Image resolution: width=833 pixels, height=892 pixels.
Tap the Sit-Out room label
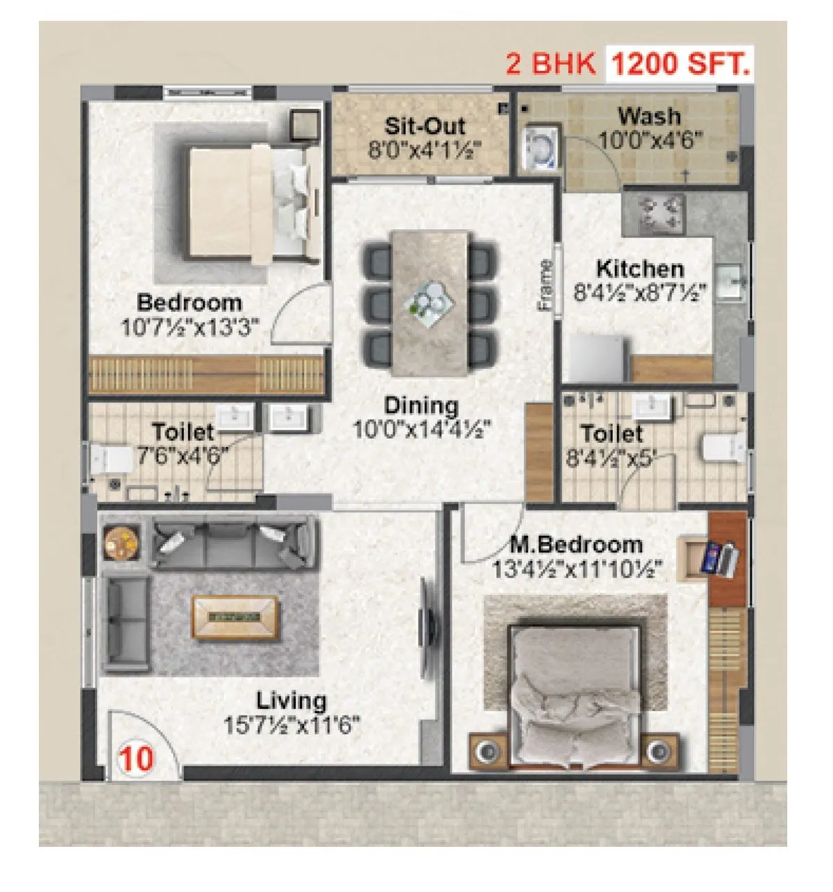[x=425, y=127]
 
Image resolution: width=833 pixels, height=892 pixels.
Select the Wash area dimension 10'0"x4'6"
[x=650, y=140]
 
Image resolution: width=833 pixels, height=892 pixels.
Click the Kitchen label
[x=639, y=269]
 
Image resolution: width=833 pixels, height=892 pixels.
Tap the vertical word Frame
[x=546, y=285]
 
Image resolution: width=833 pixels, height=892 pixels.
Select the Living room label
[x=292, y=700]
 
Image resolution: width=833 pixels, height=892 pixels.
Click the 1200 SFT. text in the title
[x=680, y=64]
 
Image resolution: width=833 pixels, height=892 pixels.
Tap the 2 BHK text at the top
[x=550, y=64]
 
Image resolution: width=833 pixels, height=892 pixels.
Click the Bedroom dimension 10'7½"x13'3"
[x=190, y=327]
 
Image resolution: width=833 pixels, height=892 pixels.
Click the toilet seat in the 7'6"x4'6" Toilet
[x=110, y=459]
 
